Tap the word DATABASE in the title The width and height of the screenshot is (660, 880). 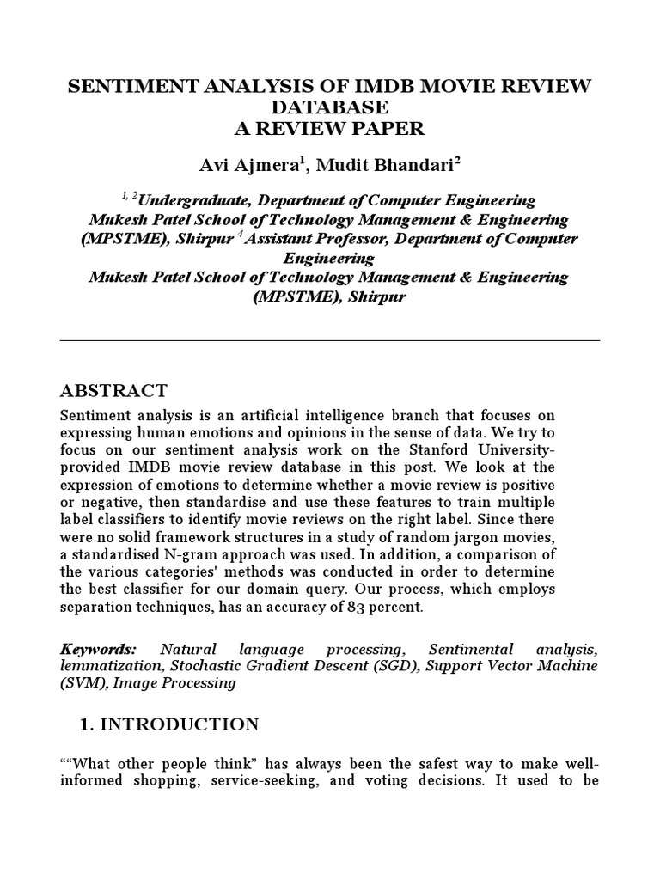tap(330, 107)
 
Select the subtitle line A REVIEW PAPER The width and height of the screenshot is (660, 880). tap(330, 128)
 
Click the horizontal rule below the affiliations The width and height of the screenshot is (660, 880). tap(330, 340)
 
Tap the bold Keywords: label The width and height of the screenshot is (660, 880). tap(98, 649)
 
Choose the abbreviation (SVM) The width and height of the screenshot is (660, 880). tap(80, 683)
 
